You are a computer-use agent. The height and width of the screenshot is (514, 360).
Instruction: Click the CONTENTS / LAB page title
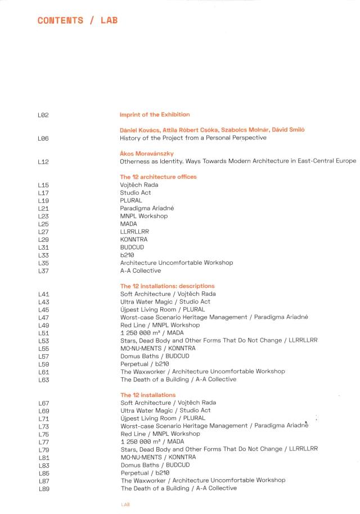78,20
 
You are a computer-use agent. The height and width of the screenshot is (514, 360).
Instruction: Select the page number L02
43,115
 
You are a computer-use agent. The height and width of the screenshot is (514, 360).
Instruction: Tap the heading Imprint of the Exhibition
155,115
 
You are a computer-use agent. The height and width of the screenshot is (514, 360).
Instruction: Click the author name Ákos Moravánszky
147,154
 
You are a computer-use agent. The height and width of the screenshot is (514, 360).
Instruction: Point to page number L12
43,161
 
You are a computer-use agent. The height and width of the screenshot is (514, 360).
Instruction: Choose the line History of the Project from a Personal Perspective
193,138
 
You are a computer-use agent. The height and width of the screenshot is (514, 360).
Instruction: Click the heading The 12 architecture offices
158,177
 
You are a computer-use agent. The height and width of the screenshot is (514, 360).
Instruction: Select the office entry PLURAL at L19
131,200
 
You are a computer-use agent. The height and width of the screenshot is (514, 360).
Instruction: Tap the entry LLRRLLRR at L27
134,232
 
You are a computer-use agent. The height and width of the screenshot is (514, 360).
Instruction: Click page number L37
43,270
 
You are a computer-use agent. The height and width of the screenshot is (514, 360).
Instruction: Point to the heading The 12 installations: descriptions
168,286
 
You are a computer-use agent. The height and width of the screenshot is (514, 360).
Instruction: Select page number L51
43,333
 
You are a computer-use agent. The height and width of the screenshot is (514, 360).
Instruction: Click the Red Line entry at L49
160,325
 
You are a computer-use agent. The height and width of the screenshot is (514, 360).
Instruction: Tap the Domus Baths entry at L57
155,356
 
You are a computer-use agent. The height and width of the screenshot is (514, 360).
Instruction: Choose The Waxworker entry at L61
202,372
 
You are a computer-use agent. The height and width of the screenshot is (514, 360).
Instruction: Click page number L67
43,403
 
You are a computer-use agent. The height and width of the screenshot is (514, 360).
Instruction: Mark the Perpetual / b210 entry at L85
145,473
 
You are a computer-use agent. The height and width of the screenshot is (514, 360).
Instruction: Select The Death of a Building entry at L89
178,489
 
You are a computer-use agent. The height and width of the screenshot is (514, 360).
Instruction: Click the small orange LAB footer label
125,504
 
